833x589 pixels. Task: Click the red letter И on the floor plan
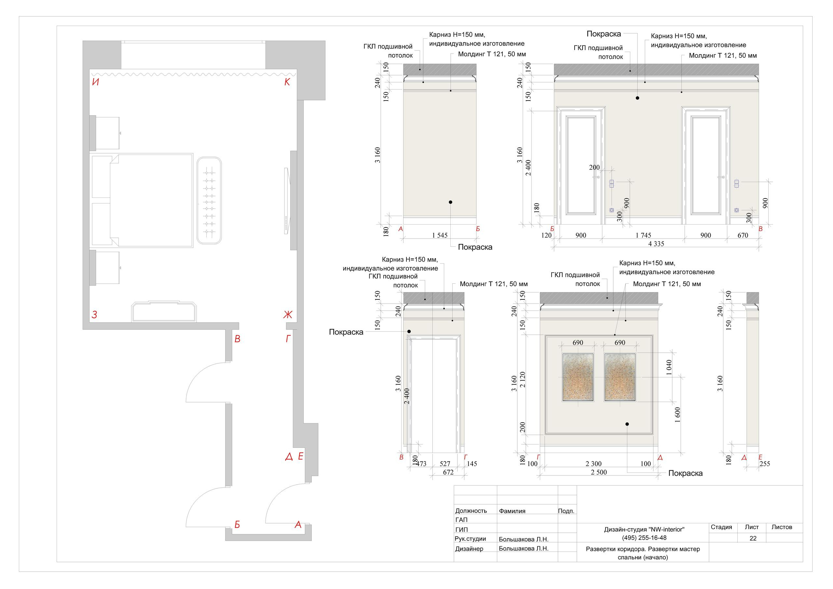tap(95, 82)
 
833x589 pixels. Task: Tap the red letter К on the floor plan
tap(287, 82)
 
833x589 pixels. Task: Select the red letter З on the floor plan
tap(94, 314)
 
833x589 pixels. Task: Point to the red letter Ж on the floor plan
tap(288, 314)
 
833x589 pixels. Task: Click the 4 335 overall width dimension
tap(656, 244)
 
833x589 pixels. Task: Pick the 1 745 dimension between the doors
tap(643, 235)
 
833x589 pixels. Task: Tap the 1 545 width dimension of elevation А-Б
tap(440, 235)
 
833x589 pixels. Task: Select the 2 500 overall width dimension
tap(599, 472)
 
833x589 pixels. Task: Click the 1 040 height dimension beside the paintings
tap(669, 367)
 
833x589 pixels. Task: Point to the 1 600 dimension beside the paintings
tap(677, 415)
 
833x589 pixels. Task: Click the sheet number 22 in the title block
tap(753, 538)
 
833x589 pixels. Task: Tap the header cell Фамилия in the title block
tap(512, 511)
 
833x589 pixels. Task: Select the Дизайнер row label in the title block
tap(469, 549)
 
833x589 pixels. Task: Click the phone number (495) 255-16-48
tap(644, 538)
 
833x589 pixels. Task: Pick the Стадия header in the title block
tap(721, 527)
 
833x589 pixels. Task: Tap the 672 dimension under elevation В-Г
tap(448, 472)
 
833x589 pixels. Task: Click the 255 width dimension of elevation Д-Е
tap(764, 463)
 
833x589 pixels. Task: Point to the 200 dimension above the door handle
tap(594, 167)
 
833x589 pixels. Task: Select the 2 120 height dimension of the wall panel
tap(523, 380)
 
